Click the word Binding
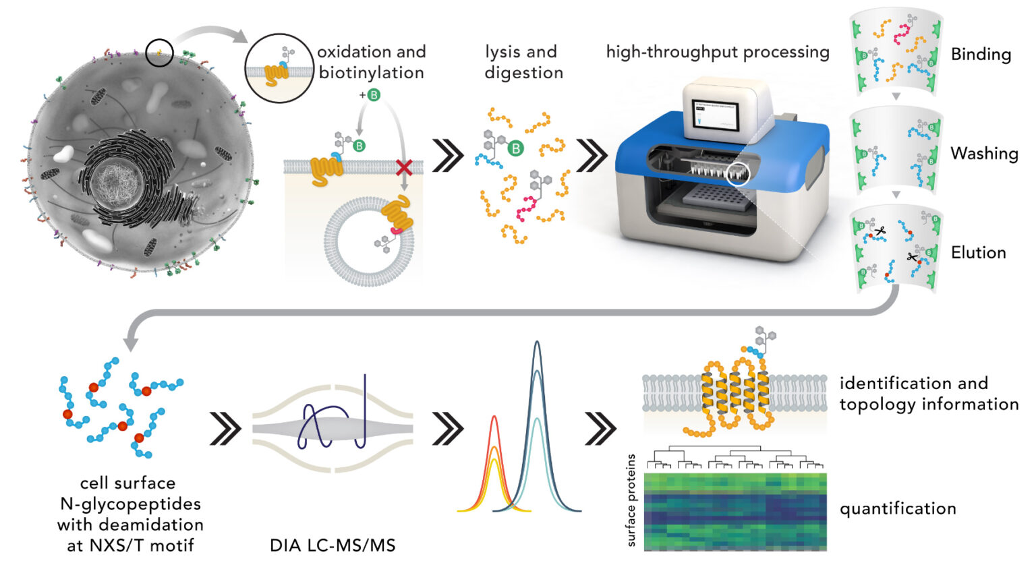tap(981, 55)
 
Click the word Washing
tap(984, 154)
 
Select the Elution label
tap(978, 253)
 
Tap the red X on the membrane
tap(404, 167)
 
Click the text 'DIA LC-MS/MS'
tap(333, 545)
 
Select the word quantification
tap(897, 508)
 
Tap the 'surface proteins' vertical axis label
tap(631, 500)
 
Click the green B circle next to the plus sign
tap(373, 95)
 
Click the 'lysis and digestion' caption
tap(523, 62)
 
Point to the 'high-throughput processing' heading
tap(718, 52)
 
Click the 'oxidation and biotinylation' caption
tap(372, 62)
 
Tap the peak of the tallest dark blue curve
tap(537, 343)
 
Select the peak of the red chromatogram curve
tap(494, 417)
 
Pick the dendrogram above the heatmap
tap(735, 458)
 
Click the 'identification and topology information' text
tap(928, 394)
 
